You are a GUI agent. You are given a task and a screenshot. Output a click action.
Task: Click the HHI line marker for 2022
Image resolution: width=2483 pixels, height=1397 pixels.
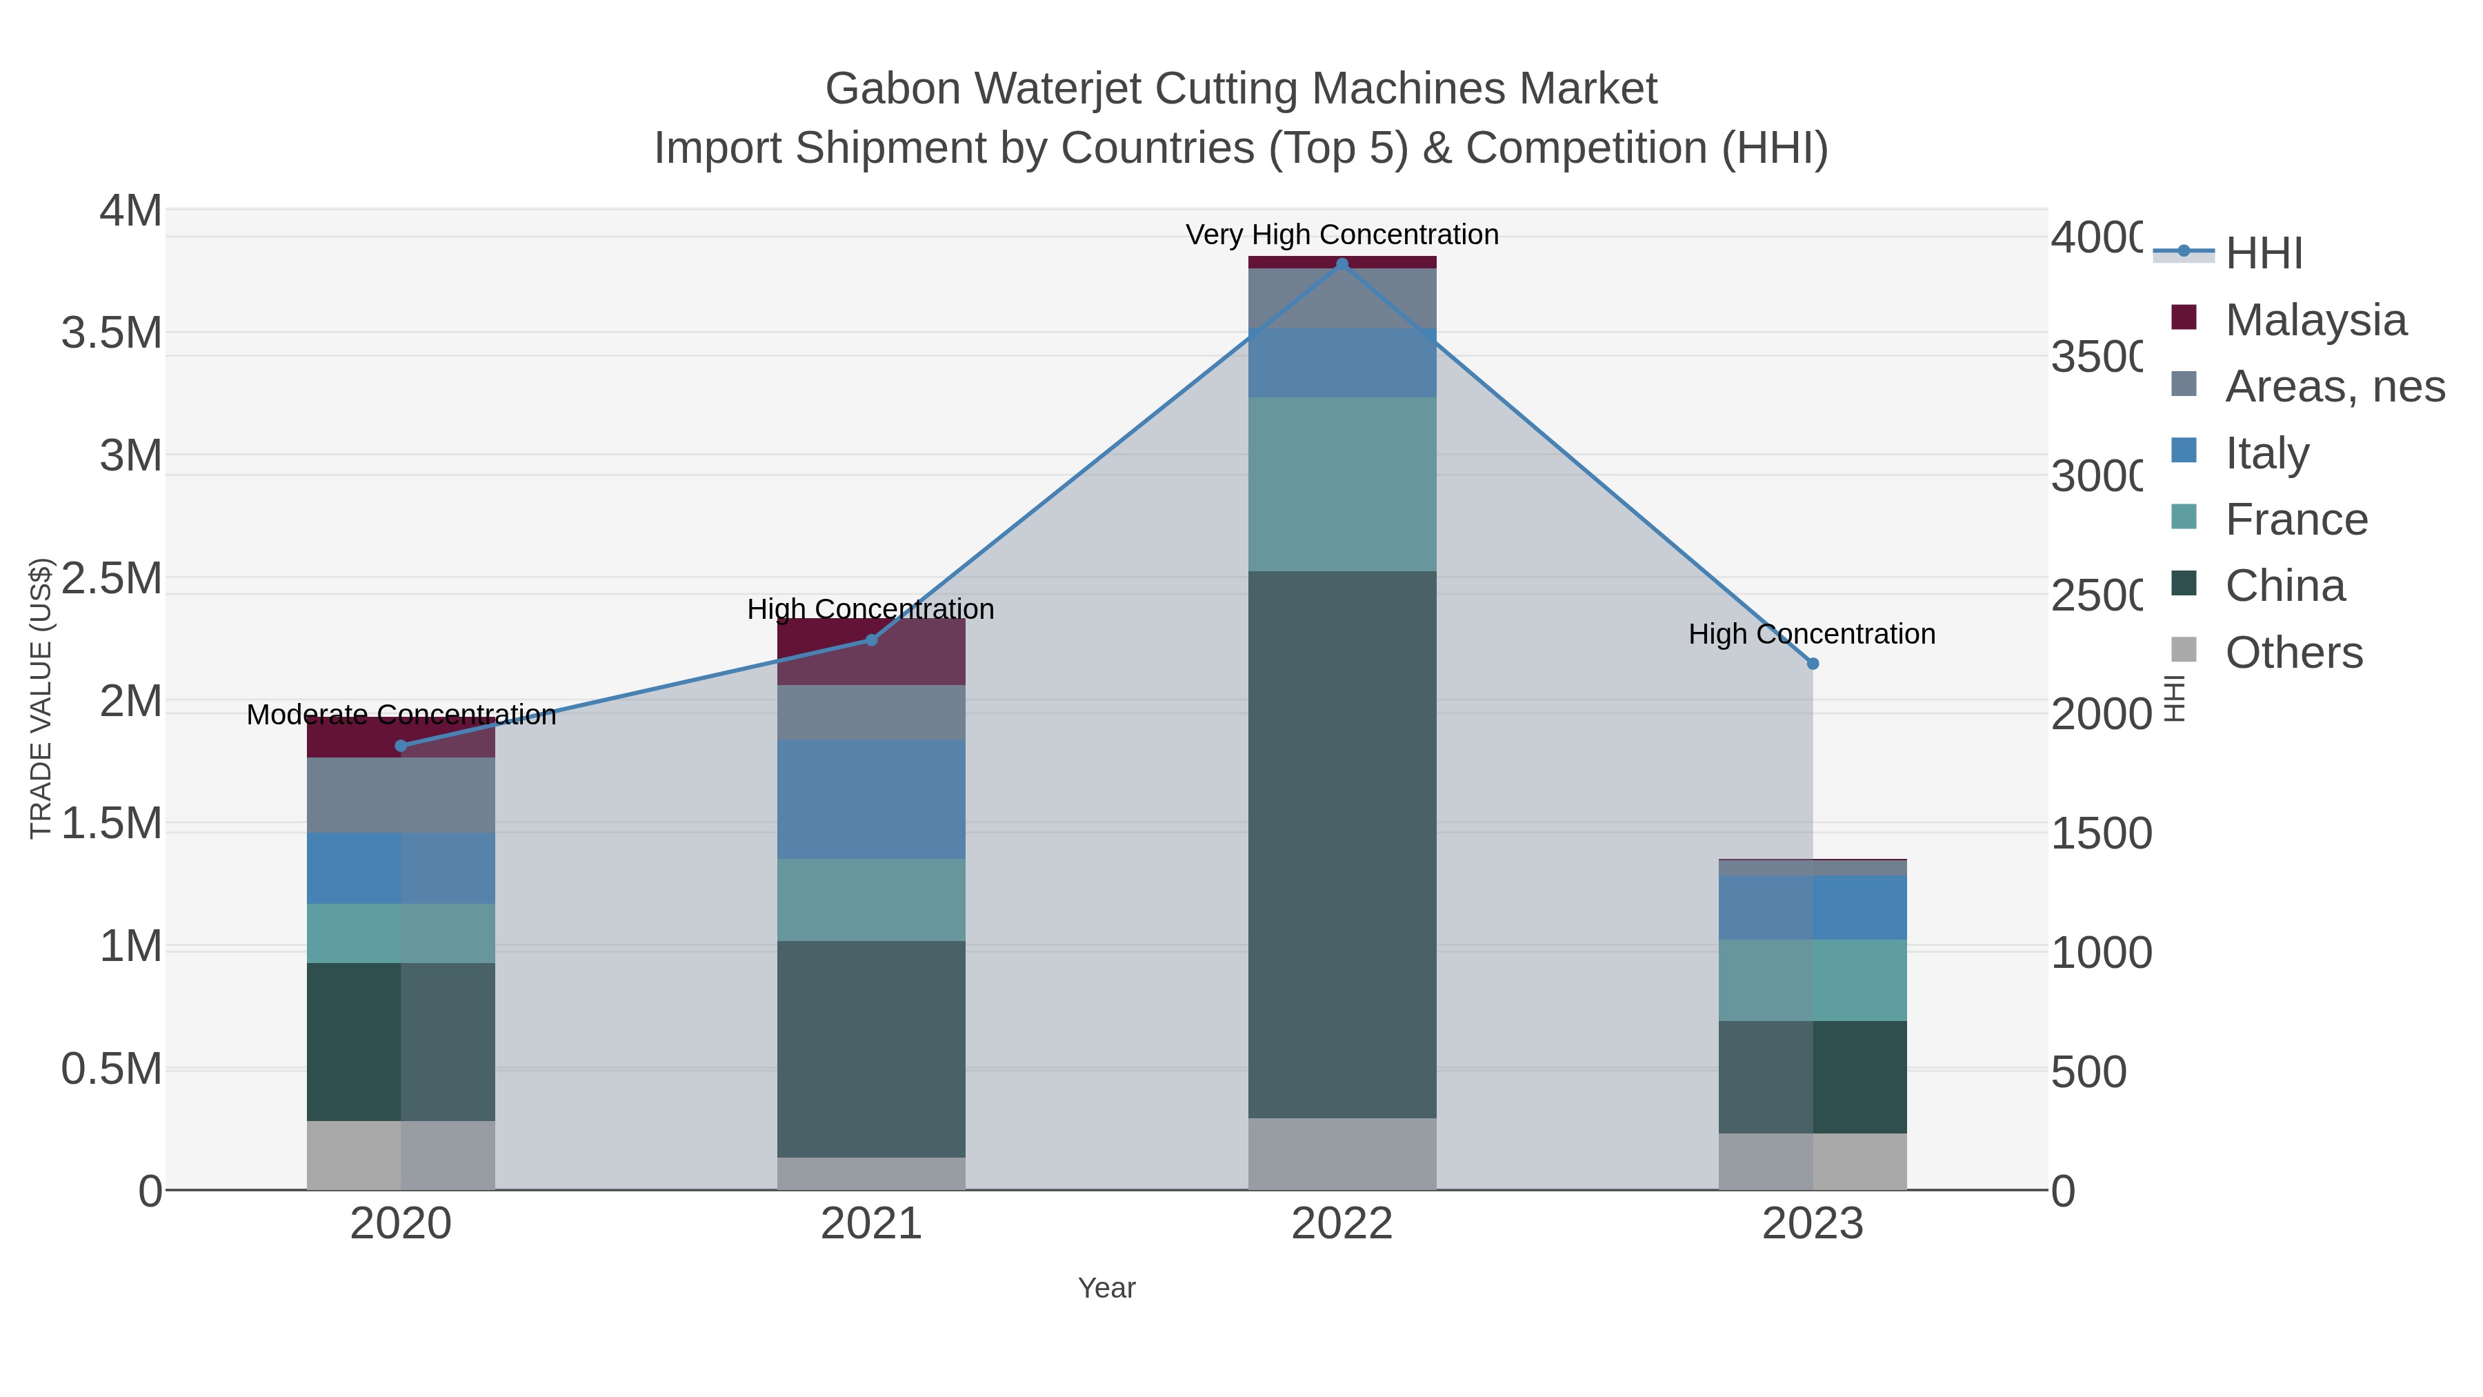[x=1342, y=264]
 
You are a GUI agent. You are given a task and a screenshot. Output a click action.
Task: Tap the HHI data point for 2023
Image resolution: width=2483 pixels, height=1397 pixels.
[x=1812, y=663]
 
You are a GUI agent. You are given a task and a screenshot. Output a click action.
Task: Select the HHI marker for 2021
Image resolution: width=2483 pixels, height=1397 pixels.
[x=871, y=640]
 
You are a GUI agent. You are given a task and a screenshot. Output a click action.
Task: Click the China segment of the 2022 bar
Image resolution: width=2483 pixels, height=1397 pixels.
[x=1342, y=844]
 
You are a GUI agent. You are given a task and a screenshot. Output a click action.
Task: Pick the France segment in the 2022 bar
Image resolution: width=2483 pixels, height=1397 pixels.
[x=1342, y=484]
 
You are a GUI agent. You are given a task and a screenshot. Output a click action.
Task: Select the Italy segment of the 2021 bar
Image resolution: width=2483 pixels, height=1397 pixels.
[x=871, y=800]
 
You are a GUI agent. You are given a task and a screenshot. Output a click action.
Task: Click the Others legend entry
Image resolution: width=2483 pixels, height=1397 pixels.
[x=2293, y=653]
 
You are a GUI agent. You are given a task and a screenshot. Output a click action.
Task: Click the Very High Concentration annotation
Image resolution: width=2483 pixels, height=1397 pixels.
[x=1342, y=235]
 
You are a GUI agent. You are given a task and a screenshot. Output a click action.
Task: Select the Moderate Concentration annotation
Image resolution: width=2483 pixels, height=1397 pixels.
[x=401, y=715]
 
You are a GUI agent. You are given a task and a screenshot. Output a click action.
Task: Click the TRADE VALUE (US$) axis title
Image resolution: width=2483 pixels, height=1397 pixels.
[x=41, y=698]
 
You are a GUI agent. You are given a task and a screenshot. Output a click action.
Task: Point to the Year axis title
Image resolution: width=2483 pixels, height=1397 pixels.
[x=1106, y=1288]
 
